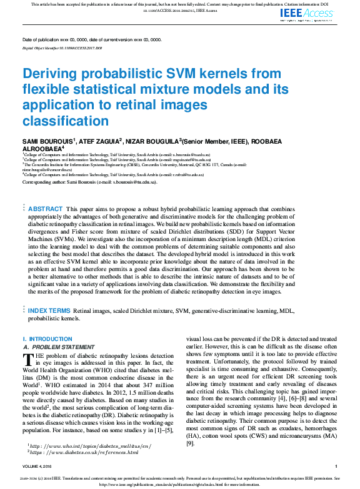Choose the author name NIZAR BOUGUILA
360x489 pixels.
tap(151, 141)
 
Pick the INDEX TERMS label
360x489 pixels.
tap(49, 310)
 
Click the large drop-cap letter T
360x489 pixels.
tap(27, 359)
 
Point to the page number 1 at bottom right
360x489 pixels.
tap(336, 467)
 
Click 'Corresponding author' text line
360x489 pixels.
tap(89, 182)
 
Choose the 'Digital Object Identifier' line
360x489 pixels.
tap(62, 47)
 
